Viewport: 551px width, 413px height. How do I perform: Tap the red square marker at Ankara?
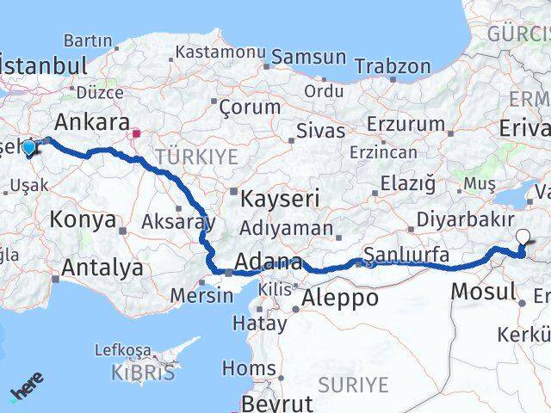[x=136, y=134]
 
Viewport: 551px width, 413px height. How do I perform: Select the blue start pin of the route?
[x=29, y=148]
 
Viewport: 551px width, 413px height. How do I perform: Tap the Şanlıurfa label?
[x=406, y=255]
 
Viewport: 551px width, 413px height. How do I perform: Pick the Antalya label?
[x=102, y=268]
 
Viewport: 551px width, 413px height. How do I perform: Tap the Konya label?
[x=83, y=219]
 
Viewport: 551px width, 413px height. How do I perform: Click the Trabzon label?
[x=392, y=66]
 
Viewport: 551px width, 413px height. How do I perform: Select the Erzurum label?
[x=405, y=124]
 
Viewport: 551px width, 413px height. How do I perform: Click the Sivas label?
[x=320, y=131]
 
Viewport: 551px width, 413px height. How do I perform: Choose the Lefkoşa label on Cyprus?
[x=122, y=350]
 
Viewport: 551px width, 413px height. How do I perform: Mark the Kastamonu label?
[x=220, y=52]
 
